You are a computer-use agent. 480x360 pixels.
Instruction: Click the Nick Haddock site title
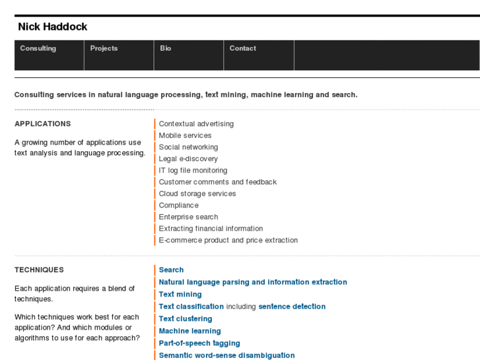53,27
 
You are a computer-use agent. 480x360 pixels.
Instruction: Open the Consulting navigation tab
38,49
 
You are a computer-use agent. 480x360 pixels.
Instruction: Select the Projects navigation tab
104,49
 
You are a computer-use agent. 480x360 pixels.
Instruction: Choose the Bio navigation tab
166,49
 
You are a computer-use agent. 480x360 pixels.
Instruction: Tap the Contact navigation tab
243,49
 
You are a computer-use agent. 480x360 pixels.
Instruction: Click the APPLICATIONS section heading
43,124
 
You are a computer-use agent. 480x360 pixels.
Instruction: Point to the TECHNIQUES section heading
40,270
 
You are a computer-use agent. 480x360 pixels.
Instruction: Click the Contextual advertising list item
196,124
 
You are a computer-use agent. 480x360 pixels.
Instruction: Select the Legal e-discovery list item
188,159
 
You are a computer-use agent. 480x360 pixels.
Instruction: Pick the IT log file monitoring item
193,170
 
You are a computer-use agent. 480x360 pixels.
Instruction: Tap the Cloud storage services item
197,194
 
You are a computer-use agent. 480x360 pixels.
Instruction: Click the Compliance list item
178,205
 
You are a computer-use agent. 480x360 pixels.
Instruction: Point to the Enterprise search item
188,217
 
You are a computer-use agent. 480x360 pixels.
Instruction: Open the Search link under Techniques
171,270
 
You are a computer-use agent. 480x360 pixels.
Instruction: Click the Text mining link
180,295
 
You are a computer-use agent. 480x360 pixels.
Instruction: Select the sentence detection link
292,306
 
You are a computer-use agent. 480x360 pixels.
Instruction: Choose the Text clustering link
186,319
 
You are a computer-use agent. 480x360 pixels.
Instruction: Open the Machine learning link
189,331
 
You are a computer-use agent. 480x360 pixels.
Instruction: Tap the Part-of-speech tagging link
199,343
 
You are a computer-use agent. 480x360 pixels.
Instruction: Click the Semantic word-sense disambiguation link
226,355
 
